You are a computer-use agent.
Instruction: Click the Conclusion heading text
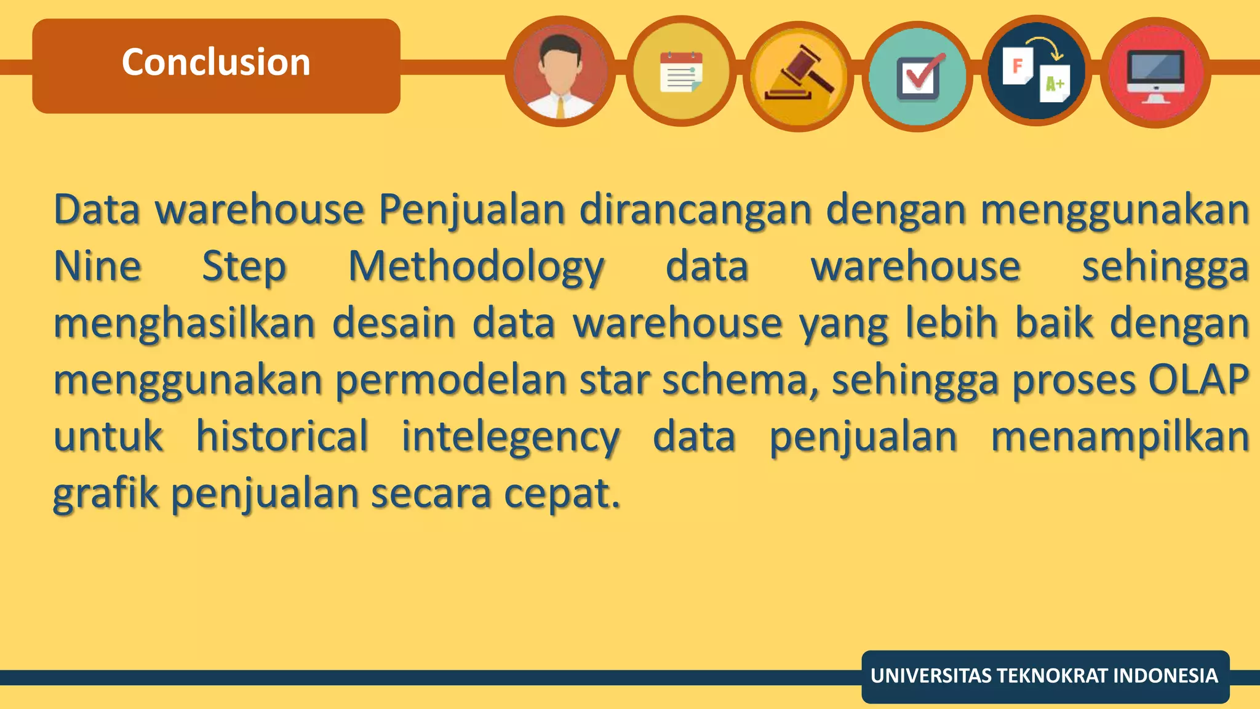pyautogui.click(x=216, y=62)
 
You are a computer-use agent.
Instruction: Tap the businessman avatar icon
pyautogui.click(x=560, y=72)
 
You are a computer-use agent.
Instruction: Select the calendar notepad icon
pyautogui.click(x=680, y=72)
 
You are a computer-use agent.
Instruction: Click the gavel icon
pyautogui.click(x=799, y=76)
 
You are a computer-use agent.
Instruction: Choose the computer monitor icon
pyautogui.click(x=1155, y=73)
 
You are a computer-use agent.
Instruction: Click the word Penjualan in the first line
pyautogui.click(x=471, y=210)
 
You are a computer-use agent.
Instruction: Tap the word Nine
pyautogui.click(x=97, y=266)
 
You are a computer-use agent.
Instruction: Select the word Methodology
pyautogui.click(x=476, y=268)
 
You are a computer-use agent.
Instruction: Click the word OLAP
pyautogui.click(x=1198, y=380)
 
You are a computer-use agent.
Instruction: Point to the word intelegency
pyautogui.click(x=511, y=437)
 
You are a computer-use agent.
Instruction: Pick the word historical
pyautogui.click(x=282, y=436)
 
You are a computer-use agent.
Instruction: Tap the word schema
pyautogui.click(x=740, y=380)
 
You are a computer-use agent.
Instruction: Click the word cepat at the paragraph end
pyautogui.click(x=561, y=494)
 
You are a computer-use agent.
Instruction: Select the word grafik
pyautogui.click(x=105, y=494)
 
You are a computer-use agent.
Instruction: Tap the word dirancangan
pyautogui.click(x=695, y=210)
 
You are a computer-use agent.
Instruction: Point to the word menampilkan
pyautogui.click(x=1120, y=437)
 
